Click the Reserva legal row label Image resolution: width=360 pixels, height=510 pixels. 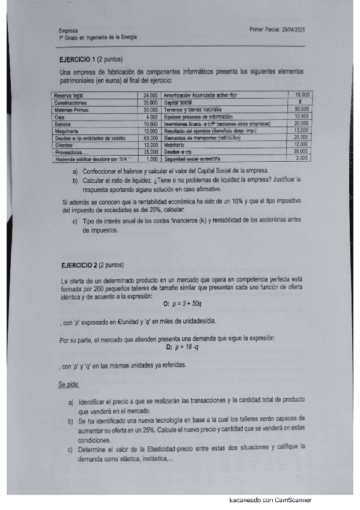(69, 96)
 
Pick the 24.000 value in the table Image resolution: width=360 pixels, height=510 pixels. (150, 96)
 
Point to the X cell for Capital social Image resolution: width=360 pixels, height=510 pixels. (299, 103)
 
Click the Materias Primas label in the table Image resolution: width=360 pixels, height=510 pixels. (72, 110)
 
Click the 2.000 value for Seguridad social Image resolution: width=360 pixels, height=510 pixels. (302, 159)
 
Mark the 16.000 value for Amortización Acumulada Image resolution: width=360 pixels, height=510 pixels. (302, 96)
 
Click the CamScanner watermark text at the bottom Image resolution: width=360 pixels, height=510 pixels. (270, 501)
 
